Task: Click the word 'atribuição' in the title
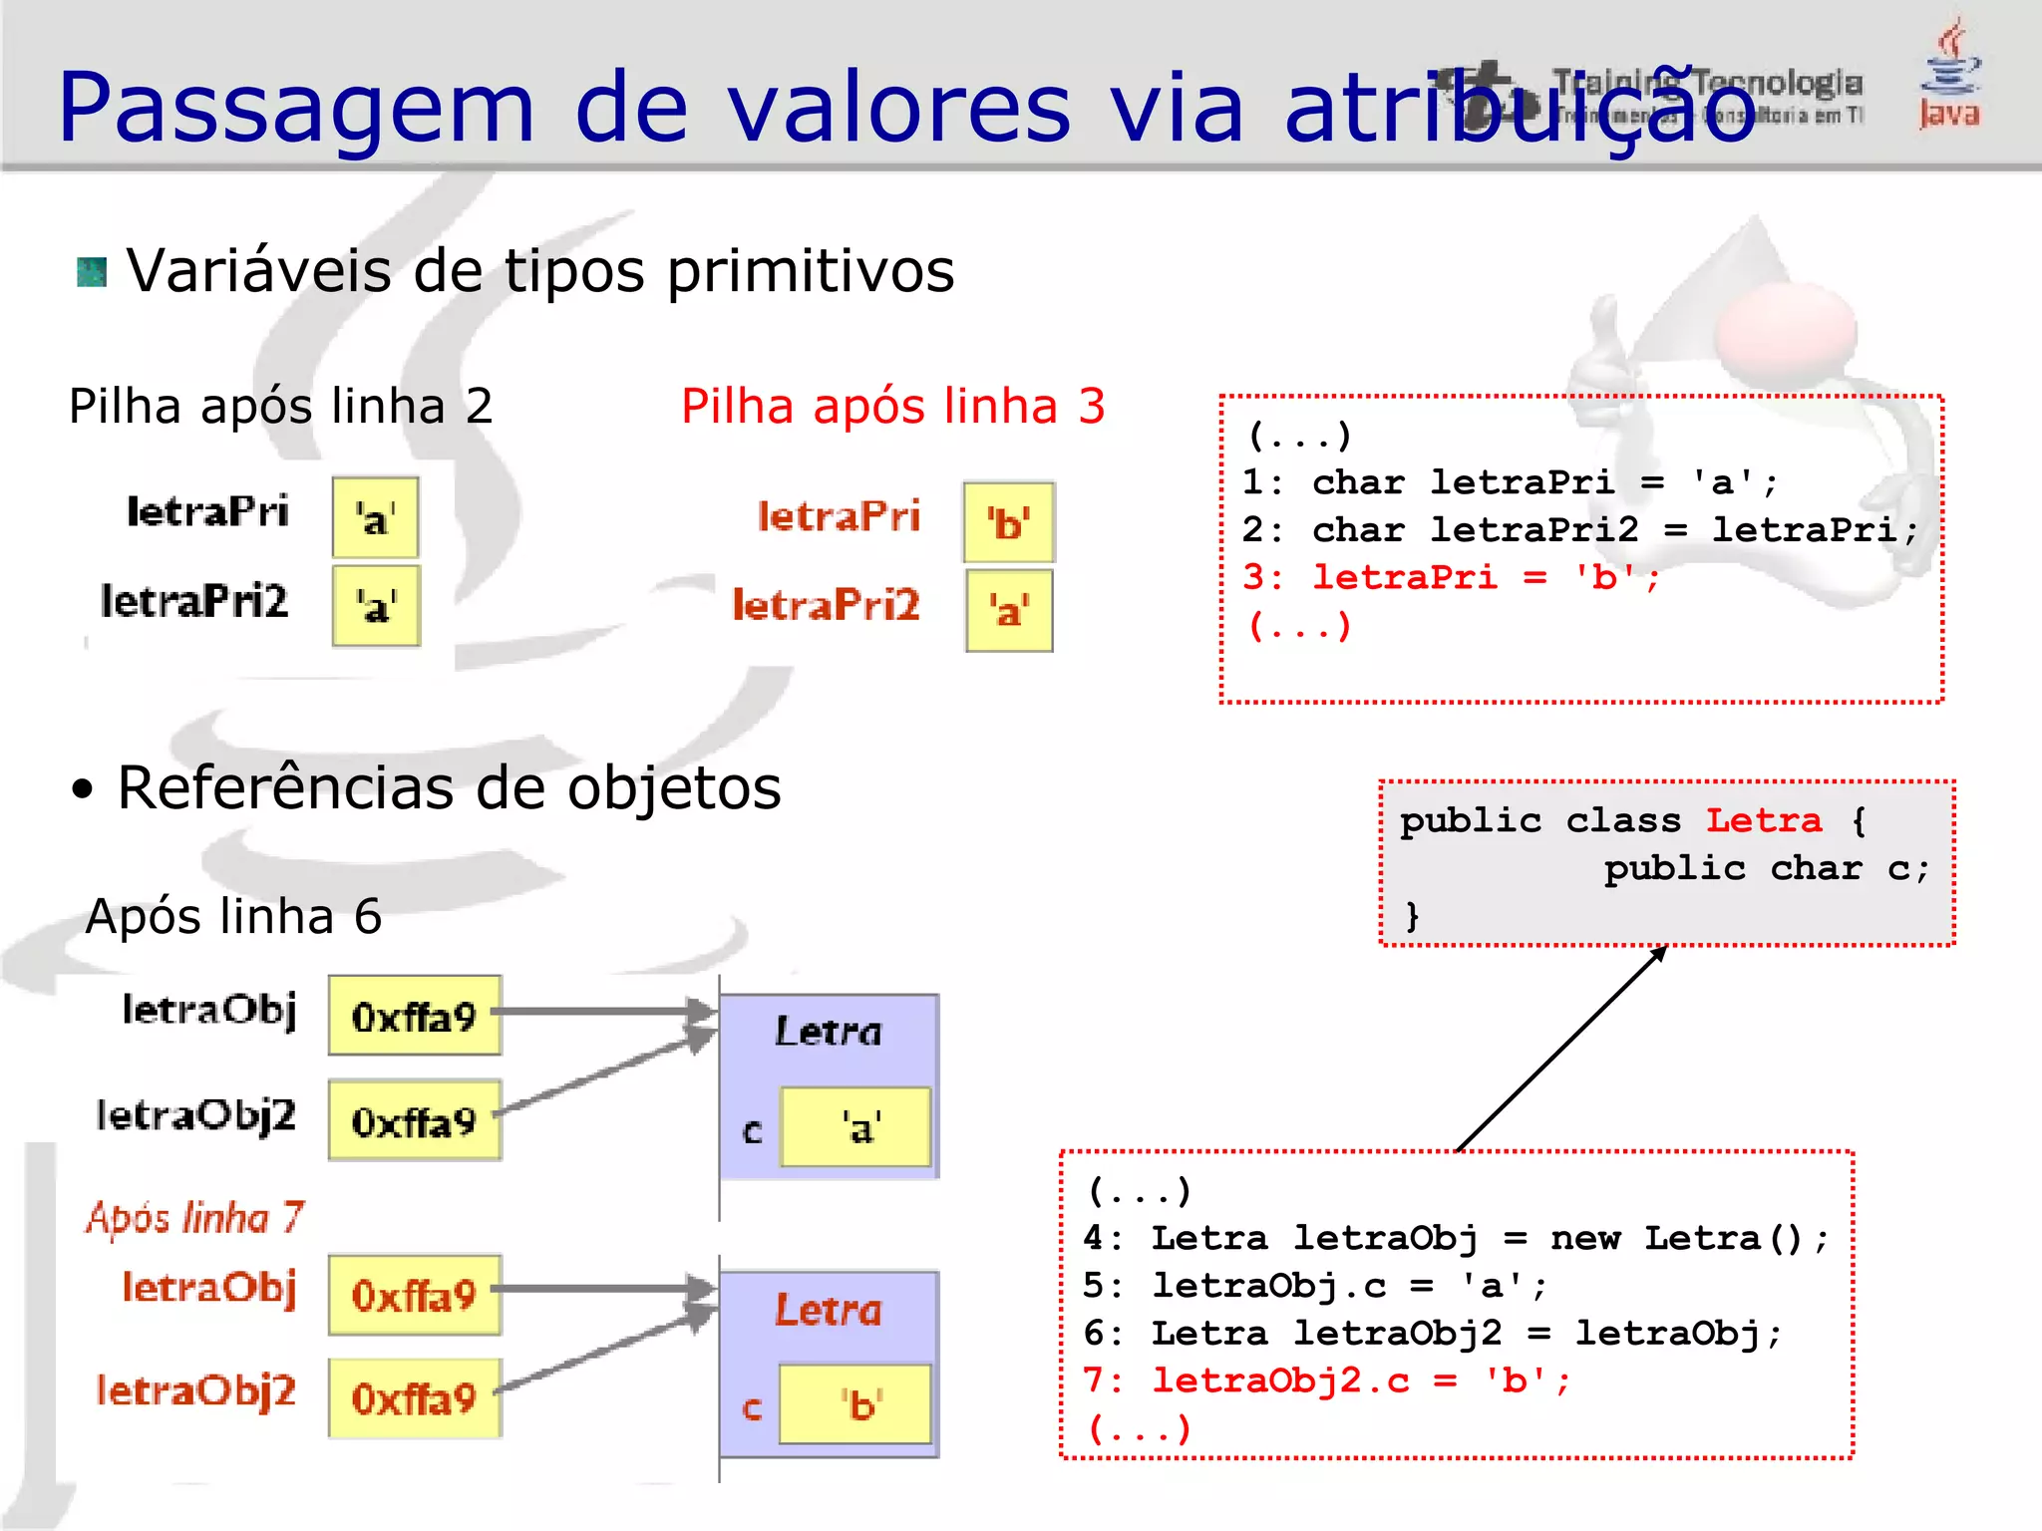[x=1520, y=108]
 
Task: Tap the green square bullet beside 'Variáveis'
[x=92, y=272]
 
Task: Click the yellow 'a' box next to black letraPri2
[x=376, y=606]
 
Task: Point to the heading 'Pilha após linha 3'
[x=892, y=407]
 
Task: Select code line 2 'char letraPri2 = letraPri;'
[x=1579, y=530]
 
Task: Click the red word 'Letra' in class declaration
[x=1763, y=820]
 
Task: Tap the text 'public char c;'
[x=1766, y=868]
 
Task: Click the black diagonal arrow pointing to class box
[x=1561, y=1048]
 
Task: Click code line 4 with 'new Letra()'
[x=1456, y=1239]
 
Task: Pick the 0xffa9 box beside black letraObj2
[x=414, y=1121]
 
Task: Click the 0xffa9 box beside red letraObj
[x=414, y=1295]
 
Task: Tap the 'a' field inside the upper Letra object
[x=855, y=1128]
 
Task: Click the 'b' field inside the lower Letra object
[x=855, y=1404]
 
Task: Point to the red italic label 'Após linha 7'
[x=194, y=1218]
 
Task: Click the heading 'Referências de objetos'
[x=449, y=788]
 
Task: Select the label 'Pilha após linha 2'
[x=280, y=407]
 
